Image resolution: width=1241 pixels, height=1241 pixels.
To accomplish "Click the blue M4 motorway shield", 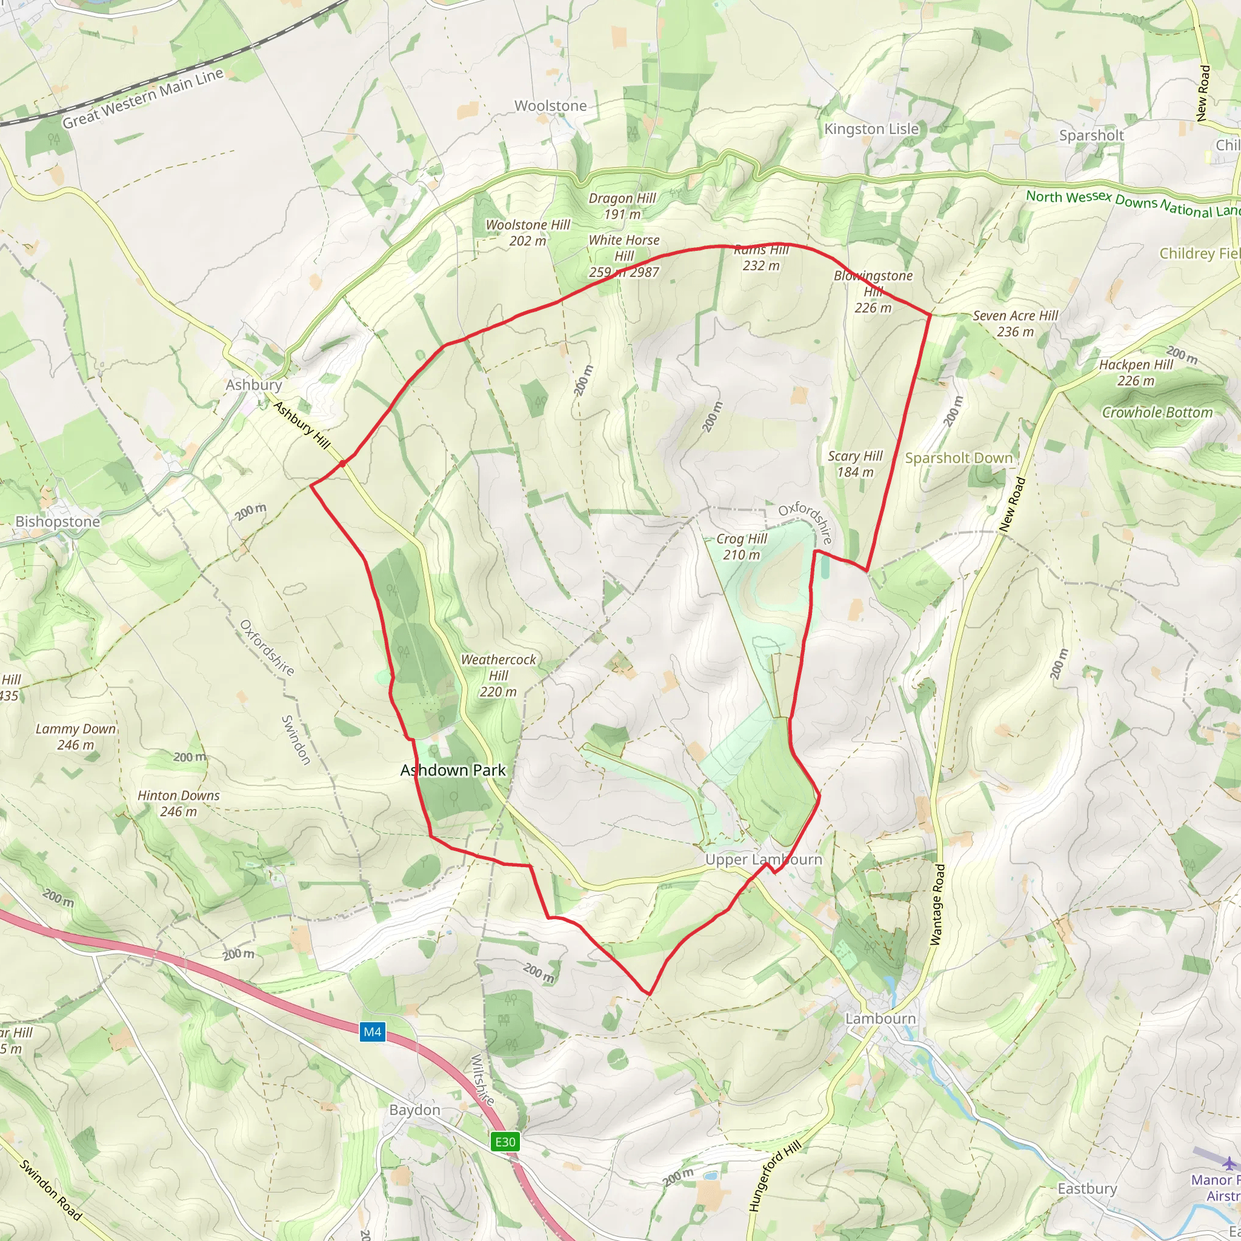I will (372, 1031).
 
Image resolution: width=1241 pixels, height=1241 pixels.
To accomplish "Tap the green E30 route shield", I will (505, 1142).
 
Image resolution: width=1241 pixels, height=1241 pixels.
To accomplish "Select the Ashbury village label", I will (254, 385).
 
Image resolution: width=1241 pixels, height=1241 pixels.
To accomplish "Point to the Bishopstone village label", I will (58, 522).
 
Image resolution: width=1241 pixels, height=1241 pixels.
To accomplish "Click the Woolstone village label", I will (550, 106).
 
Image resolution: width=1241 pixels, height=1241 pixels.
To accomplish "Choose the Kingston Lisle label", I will (871, 129).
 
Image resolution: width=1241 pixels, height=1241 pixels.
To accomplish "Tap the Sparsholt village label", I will (1091, 136).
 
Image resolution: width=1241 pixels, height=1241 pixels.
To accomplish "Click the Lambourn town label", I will (880, 1018).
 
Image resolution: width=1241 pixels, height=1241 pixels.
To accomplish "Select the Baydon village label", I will (415, 1110).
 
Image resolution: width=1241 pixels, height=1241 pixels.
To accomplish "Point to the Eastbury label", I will (1087, 1188).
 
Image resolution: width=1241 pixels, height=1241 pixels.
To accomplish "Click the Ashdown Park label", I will (453, 770).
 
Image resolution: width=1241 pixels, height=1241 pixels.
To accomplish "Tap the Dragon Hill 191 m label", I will (622, 206).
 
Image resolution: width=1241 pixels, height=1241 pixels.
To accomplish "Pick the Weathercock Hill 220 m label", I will (498, 675).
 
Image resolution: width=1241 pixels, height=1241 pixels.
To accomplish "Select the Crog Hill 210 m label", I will (741, 547).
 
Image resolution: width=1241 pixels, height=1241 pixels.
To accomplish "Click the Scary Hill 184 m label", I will (855, 464).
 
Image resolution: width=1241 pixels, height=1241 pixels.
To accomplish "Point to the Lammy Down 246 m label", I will (76, 737).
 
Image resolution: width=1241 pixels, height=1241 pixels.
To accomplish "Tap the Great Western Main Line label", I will (142, 98).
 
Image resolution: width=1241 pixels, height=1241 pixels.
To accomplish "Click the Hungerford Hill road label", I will (774, 1177).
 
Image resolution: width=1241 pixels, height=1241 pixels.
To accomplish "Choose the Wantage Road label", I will (938, 905).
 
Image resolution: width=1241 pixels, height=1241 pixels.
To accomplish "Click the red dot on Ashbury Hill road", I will (342, 463).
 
